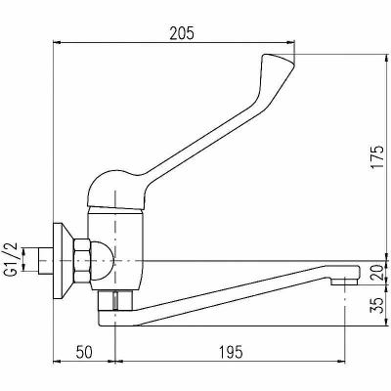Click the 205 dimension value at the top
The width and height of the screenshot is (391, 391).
pyautogui.click(x=182, y=33)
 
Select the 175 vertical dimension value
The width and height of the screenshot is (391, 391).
pyautogui.click(x=377, y=157)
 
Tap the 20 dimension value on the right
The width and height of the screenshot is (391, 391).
pyautogui.click(x=377, y=273)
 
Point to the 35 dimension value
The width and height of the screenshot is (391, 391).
pyautogui.click(x=377, y=305)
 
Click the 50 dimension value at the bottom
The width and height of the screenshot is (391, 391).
pyautogui.click(x=84, y=352)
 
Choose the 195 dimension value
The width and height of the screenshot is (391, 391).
pyautogui.click(x=231, y=352)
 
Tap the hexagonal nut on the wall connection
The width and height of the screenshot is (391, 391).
pyautogui.click(x=82, y=261)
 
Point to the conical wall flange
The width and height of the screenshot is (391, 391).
pyautogui.click(x=64, y=261)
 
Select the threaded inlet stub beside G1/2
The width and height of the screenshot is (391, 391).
pyautogui.click(x=45, y=261)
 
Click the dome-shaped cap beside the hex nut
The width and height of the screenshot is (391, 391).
pyautogui.click(x=102, y=261)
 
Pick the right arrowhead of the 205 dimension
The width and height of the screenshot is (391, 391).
pyautogui.click(x=290, y=42)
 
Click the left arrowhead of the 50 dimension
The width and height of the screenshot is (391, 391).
pyautogui.click(x=57, y=361)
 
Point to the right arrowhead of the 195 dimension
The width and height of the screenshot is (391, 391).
pyautogui.click(x=340, y=361)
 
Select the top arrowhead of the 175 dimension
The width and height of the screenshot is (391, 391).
pyautogui.click(x=387, y=59)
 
